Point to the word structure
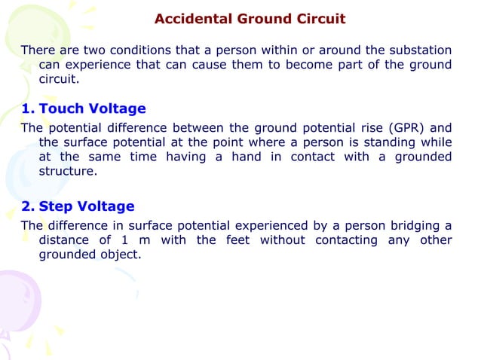tap(67, 171)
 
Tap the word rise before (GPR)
tap(374, 127)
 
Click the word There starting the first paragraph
tap(36, 50)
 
